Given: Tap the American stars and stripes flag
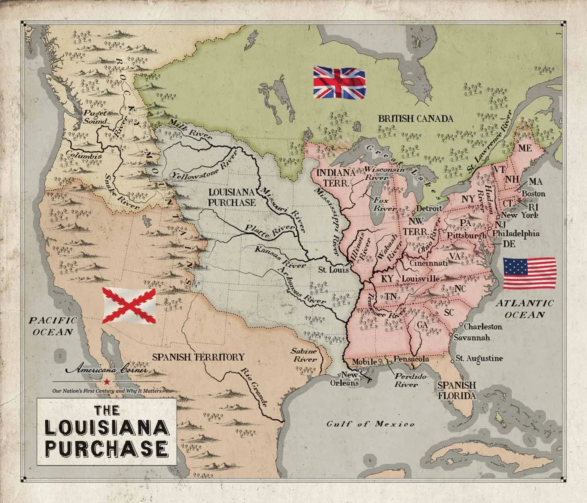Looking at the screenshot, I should [x=529, y=273].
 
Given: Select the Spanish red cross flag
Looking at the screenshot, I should [x=129, y=305].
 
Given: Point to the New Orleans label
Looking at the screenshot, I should [x=350, y=379].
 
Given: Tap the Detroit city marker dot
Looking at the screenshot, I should [x=414, y=212].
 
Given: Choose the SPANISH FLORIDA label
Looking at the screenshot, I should [x=457, y=390].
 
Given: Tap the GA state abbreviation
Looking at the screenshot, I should [x=422, y=325].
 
